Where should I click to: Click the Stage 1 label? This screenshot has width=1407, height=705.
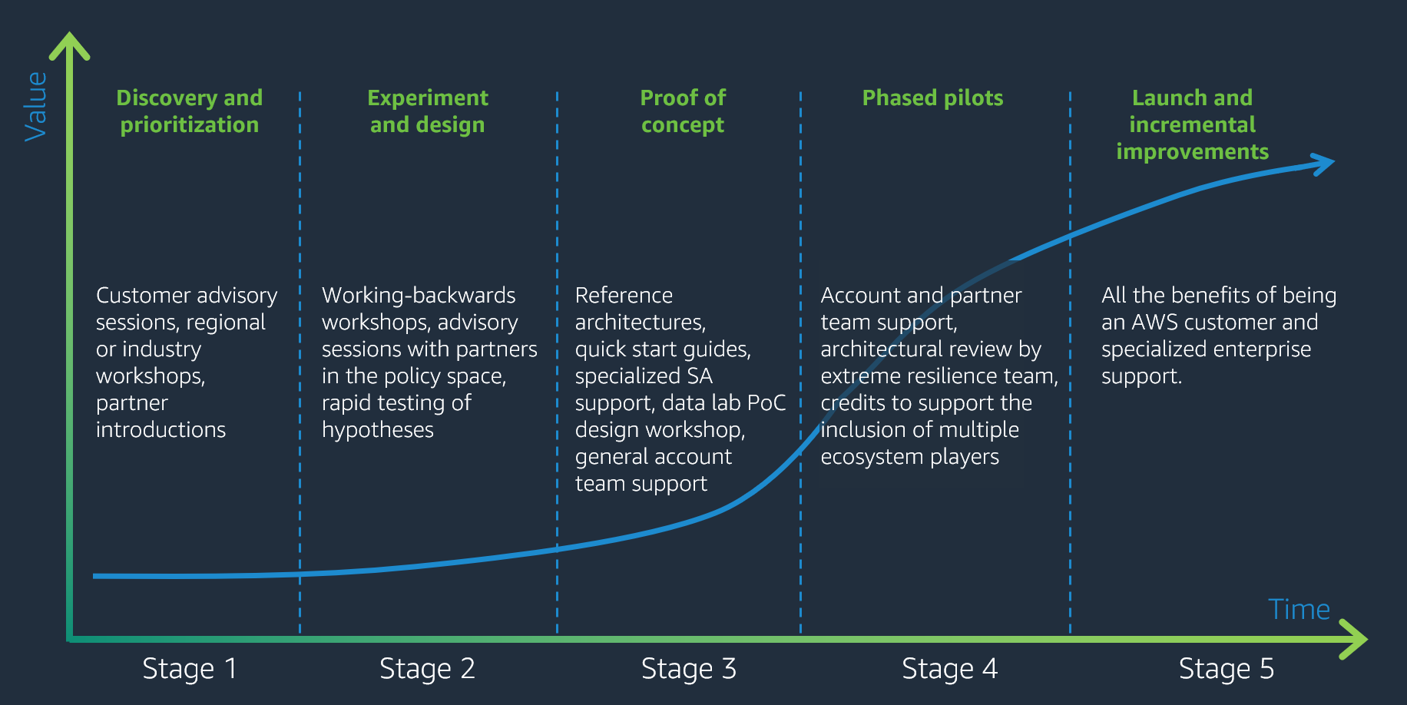[x=190, y=669]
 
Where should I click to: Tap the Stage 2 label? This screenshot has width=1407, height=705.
[x=427, y=669]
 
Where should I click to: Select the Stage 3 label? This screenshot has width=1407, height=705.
[x=689, y=669]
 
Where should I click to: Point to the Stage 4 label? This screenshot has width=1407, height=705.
[x=950, y=669]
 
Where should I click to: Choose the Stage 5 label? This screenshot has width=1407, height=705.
[x=1227, y=669]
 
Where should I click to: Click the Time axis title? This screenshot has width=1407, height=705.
[x=1299, y=610]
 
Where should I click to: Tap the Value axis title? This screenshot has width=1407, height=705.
[x=36, y=107]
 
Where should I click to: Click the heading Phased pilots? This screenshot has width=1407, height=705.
[x=932, y=98]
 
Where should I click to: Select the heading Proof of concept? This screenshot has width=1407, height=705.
[x=683, y=111]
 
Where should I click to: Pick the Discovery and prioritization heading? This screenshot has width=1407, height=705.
[x=190, y=111]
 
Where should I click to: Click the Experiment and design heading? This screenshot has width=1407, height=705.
[x=428, y=111]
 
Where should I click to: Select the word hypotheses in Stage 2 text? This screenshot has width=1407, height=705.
[x=378, y=430]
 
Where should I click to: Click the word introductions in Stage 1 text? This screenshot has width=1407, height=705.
[x=161, y=430]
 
